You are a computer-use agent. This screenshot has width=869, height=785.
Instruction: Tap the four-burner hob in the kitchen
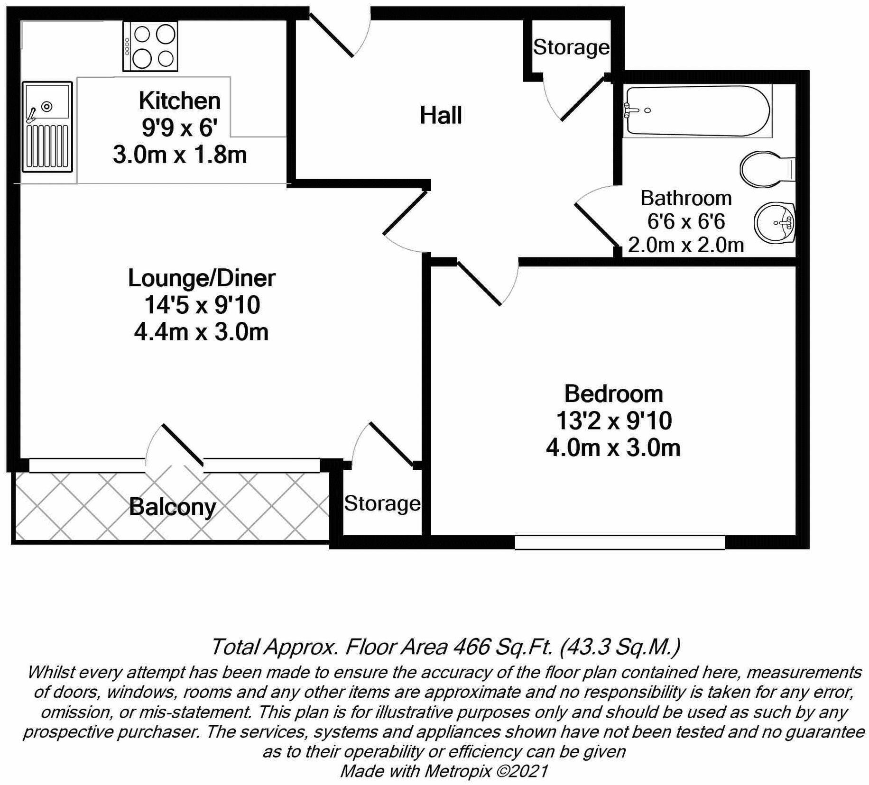click(x=150, y=46)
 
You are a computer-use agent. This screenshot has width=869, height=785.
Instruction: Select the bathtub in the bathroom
click(x=696, y=111)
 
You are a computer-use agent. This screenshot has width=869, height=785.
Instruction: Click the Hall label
click(x=441, y=115)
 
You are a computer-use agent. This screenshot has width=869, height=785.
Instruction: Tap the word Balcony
click(x=172, y=507)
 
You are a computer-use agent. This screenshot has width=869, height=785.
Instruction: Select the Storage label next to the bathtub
click(x=571, y=47)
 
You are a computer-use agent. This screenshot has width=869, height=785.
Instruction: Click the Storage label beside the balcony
click(x=382, y=503)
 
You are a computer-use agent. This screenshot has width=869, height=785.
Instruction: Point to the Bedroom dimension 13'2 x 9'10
click(x=613, y=420)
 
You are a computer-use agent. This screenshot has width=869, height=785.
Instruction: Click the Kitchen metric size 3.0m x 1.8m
click(x=180, y=155)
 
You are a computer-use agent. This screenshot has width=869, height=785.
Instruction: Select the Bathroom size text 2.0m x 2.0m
click(x=685, y=245)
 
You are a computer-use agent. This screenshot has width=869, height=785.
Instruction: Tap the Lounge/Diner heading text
click(x=202, y=278)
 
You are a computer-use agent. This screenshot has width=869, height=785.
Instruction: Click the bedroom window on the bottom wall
click(x=619, y=542)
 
